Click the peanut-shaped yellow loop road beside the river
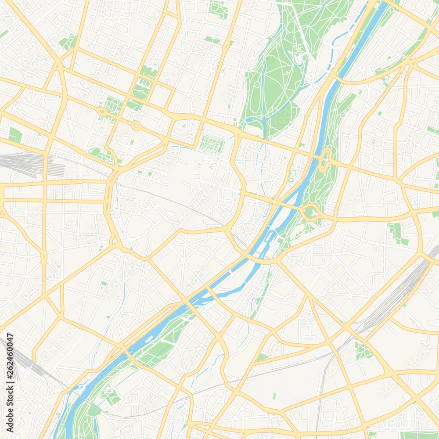pyautogui.click(x=326, y=159)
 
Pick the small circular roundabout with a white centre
pyautogui.click(x=136, y=126)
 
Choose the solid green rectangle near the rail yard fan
pyautogui.click(x=15, y=135)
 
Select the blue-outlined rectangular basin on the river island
pyautogui.click(x=269, y=237)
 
